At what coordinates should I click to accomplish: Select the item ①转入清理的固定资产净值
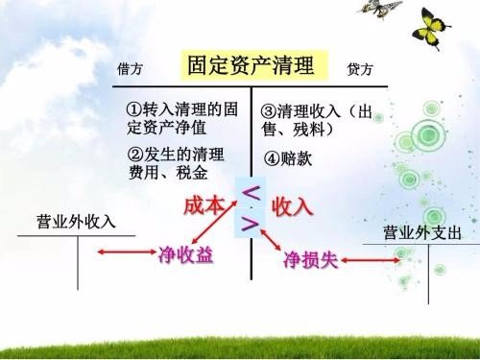[x=181, y=117]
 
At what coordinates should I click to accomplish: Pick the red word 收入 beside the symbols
[x=293, y=205]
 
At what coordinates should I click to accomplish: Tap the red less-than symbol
[x=249, y=192]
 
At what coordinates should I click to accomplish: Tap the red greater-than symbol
[x=249, y=224]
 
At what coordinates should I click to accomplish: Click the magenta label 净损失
[x=309, y=259]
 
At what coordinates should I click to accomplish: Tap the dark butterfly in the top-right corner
[x=430, y=29]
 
